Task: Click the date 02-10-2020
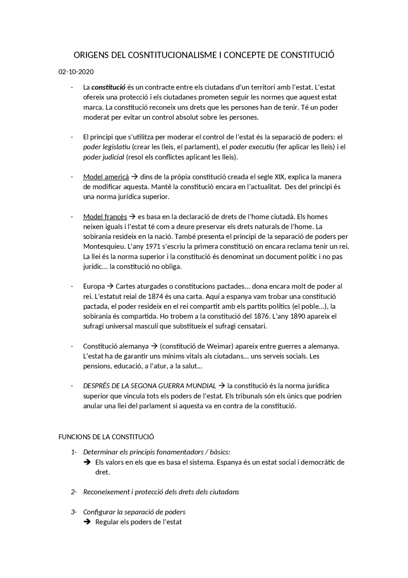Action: [x=76, y=72]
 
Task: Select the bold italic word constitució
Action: [x=108, y=87]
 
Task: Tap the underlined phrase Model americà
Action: [x=106, y=177]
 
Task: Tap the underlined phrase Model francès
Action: [x=105, y=217]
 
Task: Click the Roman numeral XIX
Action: [x=279, y=177]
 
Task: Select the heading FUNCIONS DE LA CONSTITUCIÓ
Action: [x=106, y=437]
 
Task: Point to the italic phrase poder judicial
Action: [x=104, y=157]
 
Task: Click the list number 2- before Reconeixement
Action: [x=74, y=492]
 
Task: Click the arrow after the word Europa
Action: [x=110, y=286]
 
